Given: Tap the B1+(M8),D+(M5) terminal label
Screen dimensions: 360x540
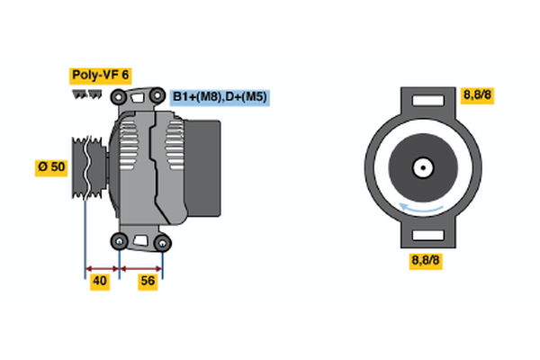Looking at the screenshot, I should tap(220, 97).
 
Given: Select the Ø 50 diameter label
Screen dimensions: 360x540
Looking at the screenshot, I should tap(51, 167).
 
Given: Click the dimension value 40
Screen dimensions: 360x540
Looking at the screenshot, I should tap(100, 283).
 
